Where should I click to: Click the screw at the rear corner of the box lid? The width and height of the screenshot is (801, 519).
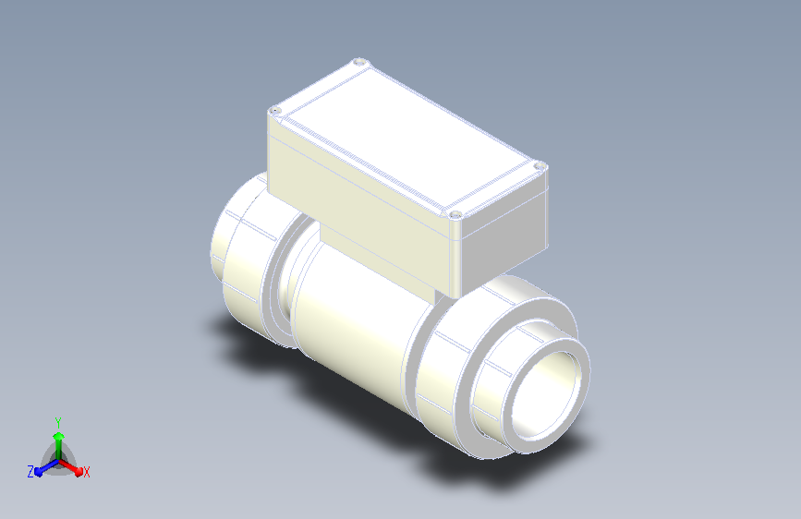pyautogui.click(x=360, y=62)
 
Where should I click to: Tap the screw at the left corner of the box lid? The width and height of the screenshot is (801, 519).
pyautogui.click(x=274, y=110)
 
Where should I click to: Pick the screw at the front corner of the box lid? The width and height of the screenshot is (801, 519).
pyautogui.click(x=455, y=214)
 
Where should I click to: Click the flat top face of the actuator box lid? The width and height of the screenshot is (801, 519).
pyautogui.click(x=408, y=138)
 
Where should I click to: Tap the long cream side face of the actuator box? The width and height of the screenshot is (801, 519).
pyautogui.click(x=358, y=204)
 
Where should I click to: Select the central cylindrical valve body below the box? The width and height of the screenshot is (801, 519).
pyautogui.click(x=358, y=327)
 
